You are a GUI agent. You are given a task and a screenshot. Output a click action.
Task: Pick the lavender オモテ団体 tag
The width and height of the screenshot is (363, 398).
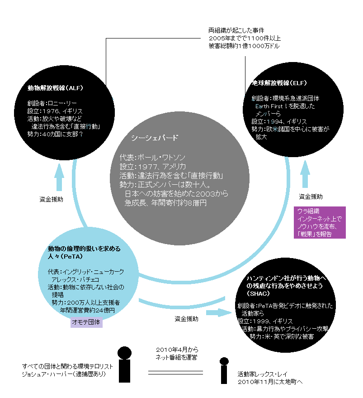pyautogui.click(x=87, y=322)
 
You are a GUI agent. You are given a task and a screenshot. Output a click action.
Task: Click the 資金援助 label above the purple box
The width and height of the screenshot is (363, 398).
pyautogui.click(x=311, y=197)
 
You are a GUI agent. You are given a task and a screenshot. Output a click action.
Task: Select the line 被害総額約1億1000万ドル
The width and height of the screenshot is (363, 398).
pyautogui.click(x=244, y=46)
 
